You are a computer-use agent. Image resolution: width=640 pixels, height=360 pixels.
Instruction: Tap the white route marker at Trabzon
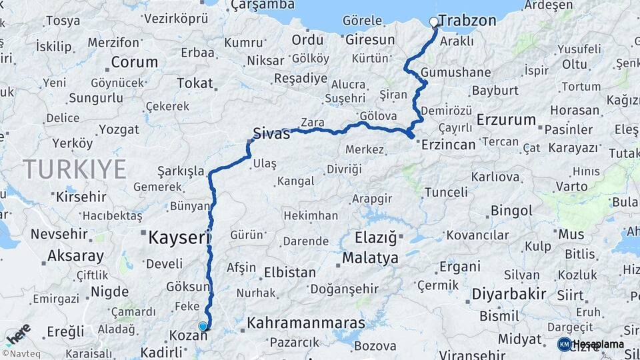(x=434, y=22)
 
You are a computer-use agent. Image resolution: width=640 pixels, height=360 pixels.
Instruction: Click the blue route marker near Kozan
(x=203, y=326)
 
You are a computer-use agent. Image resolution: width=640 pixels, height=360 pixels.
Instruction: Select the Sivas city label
(x=271, y=133)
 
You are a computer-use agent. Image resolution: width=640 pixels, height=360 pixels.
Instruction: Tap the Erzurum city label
(x=507, y=121)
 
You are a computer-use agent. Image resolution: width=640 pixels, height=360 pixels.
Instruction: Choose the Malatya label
(x=370, y=258)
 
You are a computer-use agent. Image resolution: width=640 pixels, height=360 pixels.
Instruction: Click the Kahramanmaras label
(x=306, y=323)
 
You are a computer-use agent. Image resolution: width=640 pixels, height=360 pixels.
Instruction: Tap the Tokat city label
(x=194, y=83)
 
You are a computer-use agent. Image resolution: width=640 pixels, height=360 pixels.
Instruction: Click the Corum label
(x=134, y=63)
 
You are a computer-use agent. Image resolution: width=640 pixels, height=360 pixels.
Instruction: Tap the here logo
(x=18, y=334)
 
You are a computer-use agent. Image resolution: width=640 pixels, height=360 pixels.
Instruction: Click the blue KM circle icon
(x=564, y=344)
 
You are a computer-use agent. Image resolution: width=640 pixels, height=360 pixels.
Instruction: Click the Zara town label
(x=312, y=123)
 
